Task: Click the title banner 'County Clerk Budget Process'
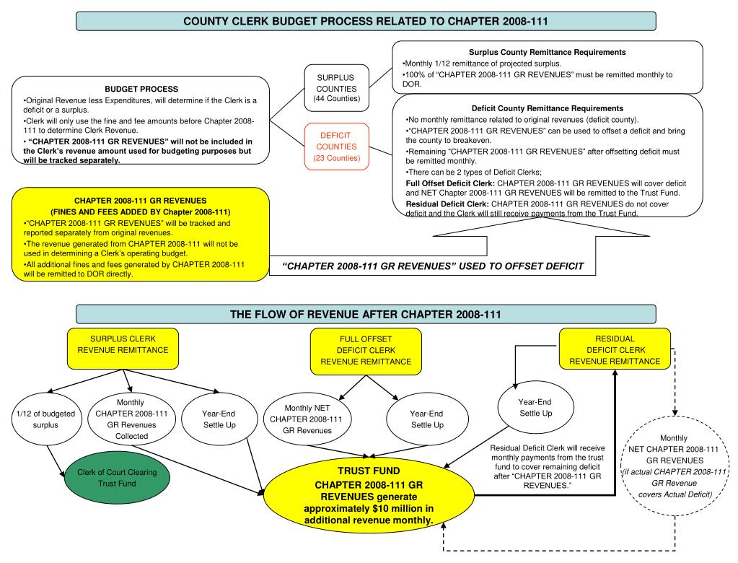click(366, 21)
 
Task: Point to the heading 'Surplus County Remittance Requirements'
click(547, 53)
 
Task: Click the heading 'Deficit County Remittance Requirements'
click(546, 108)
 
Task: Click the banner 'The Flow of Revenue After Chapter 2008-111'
click(366, 314)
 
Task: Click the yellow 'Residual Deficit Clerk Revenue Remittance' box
click(615, 350)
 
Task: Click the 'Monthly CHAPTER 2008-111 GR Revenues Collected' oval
click(126, 419)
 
